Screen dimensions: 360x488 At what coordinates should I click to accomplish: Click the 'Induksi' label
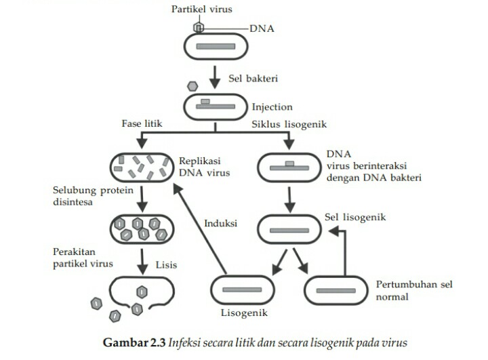220,223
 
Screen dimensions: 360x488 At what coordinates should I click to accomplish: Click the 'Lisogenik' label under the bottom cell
245,313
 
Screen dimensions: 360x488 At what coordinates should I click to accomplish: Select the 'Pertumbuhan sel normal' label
414,289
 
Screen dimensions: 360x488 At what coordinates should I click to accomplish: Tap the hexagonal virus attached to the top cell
199,27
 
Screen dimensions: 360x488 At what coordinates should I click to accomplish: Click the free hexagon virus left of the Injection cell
192,87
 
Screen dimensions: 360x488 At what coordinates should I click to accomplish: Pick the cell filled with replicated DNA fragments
141,167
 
